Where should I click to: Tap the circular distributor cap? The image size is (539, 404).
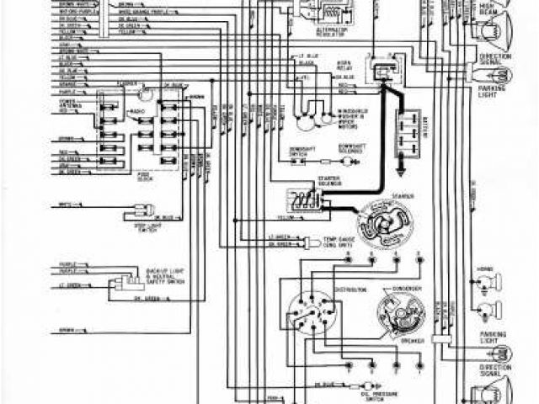point(309,318)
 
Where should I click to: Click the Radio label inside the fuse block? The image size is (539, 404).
point(135,111)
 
